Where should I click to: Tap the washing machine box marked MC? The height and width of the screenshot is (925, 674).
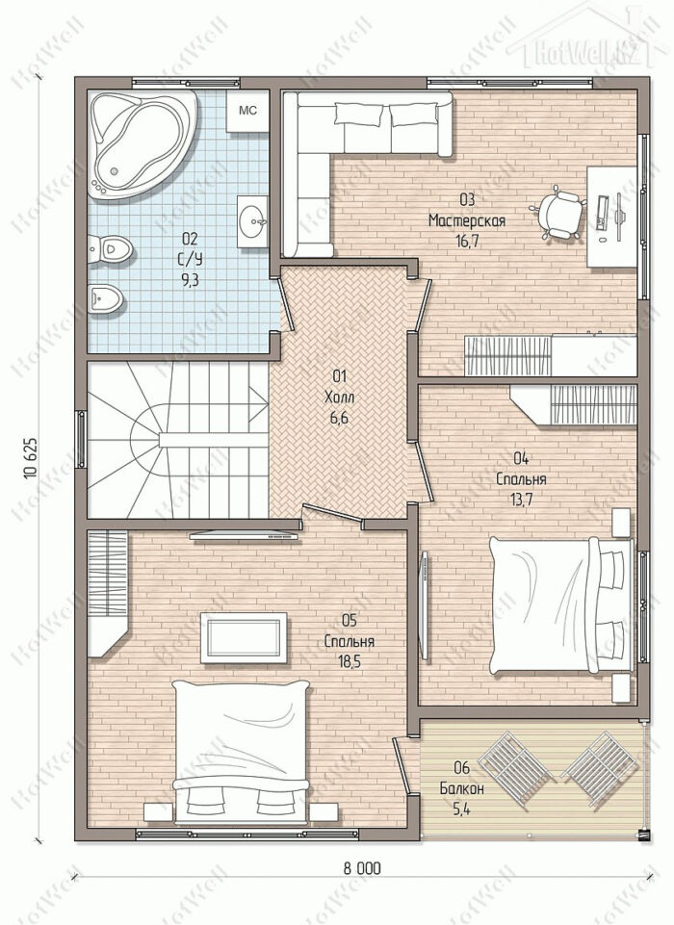coord(247,111)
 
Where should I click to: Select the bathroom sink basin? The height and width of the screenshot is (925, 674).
coord(253,221)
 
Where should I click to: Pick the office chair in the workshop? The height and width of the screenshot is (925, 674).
coord(557,211)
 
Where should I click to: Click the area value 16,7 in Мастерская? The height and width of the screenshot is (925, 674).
coord(467,242)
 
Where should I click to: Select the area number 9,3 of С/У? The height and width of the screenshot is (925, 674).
coord(190,280)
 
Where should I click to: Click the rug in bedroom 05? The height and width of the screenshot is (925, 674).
coord(244,638)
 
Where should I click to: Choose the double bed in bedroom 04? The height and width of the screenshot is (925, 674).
coord(560,604)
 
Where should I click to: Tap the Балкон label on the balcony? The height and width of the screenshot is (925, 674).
coord(461,788)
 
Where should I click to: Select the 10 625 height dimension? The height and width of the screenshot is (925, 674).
coord(32,459)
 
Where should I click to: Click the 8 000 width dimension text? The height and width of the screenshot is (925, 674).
coord(362,868)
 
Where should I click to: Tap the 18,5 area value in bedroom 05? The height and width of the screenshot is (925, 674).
coord(350,660)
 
